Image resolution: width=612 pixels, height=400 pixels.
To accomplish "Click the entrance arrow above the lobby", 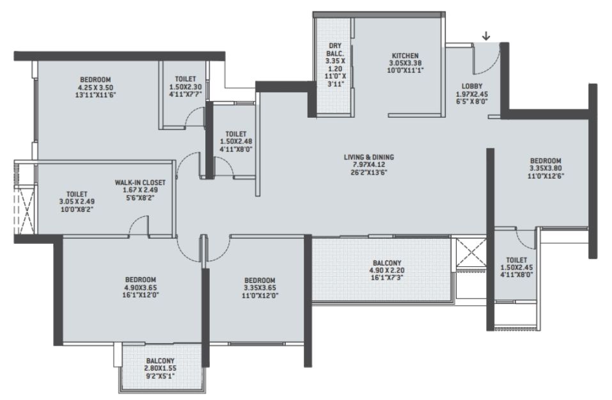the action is point(486,36).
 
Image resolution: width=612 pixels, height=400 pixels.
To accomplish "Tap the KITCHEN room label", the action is point(405,56).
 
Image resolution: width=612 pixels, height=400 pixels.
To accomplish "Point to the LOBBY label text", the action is point(472,86).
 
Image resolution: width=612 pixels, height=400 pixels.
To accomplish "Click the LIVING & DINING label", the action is point(369,157).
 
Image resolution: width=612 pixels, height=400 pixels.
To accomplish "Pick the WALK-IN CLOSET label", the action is point(140,182).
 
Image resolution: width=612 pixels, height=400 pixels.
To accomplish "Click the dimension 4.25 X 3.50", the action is point(96,88).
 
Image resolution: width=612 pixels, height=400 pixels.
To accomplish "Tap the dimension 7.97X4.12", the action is point(369,165).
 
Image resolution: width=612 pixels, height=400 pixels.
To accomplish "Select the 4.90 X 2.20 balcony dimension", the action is point(387,270).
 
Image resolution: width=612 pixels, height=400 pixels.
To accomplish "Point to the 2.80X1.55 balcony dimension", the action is point(161,369).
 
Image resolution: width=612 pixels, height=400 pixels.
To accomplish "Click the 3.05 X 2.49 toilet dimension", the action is point(77,202).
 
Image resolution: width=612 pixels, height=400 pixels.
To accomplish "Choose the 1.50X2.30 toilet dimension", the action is point(185,87).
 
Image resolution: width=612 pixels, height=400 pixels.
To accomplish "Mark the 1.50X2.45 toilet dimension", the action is point(517,268).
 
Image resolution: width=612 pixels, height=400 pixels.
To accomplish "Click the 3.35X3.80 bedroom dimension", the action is point(545,168).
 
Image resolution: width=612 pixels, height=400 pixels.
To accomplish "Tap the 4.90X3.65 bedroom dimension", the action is point(141,287).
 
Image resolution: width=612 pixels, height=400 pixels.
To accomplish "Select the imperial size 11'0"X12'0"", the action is point(260,295).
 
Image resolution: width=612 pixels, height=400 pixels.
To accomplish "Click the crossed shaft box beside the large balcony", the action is point(471,253).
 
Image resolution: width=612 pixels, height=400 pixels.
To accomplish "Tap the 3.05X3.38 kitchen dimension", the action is point(405,63).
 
